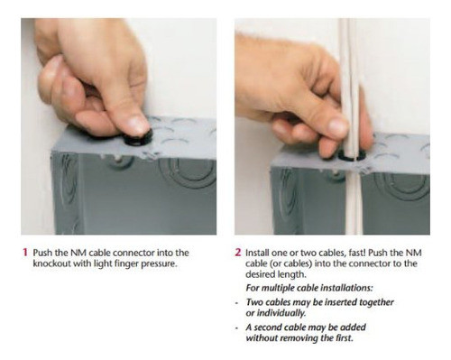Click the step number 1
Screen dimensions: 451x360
click(25, 253)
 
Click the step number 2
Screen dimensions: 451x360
click(238, 253)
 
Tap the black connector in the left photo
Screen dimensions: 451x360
click(138, 138)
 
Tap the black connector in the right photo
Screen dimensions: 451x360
click(351, 154)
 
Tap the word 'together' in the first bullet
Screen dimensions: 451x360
click(376, 302)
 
